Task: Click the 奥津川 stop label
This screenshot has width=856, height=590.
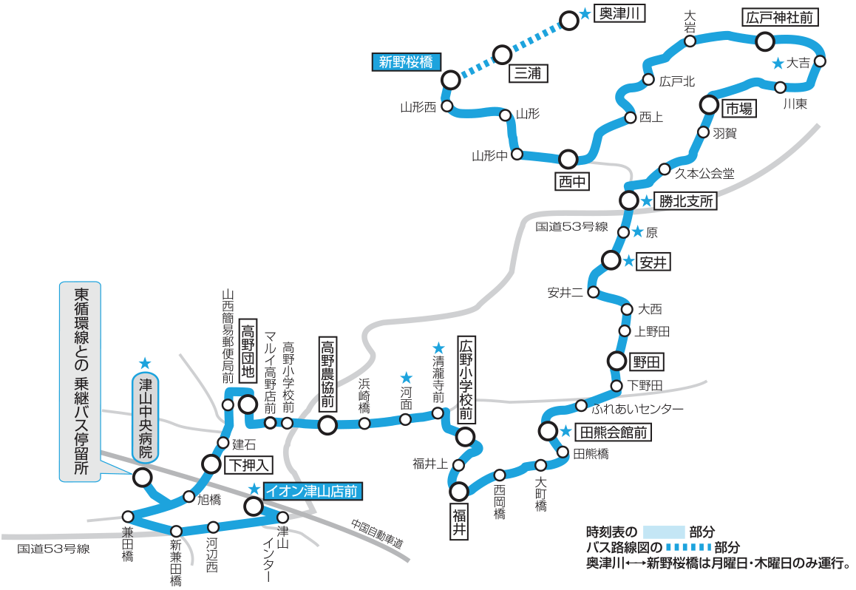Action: click(619, 13)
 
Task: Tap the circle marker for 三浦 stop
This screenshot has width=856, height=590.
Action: click(502, 55)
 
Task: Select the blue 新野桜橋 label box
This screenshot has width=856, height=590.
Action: click(406, 61)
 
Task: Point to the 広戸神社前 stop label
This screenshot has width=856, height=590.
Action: click(780, 18)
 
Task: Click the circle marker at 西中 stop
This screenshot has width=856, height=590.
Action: click(568, 159)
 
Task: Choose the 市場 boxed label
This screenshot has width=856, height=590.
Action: click(738, 109)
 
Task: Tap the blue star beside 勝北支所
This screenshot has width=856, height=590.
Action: click(646, 201)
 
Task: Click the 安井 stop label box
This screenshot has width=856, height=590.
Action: click(653, 262)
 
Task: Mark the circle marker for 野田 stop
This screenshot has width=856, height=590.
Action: click(617, 361)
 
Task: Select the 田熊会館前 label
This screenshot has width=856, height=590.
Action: click(613, 433)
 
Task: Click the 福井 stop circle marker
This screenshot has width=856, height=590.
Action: click(459, 491)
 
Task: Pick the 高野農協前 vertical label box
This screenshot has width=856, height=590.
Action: click(327, 374)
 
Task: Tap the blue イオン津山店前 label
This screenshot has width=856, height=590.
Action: click(312, 491)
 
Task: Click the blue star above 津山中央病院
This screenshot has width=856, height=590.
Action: click(145, 363)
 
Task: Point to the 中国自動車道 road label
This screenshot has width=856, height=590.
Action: click(377, 533)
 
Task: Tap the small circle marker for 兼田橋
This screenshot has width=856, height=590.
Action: click(128, 516)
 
